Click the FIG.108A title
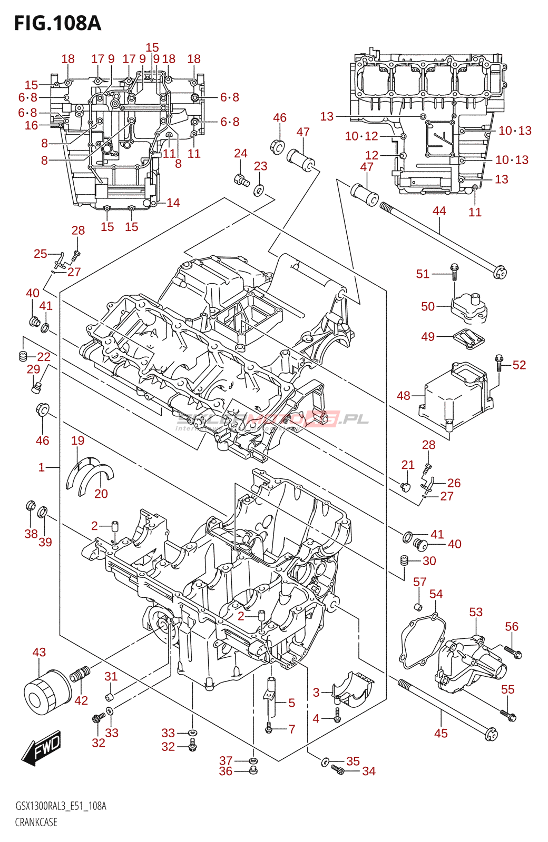[57, 24]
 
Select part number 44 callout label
[439, 211]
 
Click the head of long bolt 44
[500, 273]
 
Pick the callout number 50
[427, 306]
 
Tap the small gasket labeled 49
[468, 337]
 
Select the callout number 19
[77, 440]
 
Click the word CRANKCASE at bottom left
[36, 822]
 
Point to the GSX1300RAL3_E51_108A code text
[61, 806]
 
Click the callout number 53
[476, 612]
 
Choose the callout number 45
[441, 733]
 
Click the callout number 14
[173, 203]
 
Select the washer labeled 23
[259, 190]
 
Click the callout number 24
[240, 153]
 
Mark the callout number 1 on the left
[42, 467]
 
